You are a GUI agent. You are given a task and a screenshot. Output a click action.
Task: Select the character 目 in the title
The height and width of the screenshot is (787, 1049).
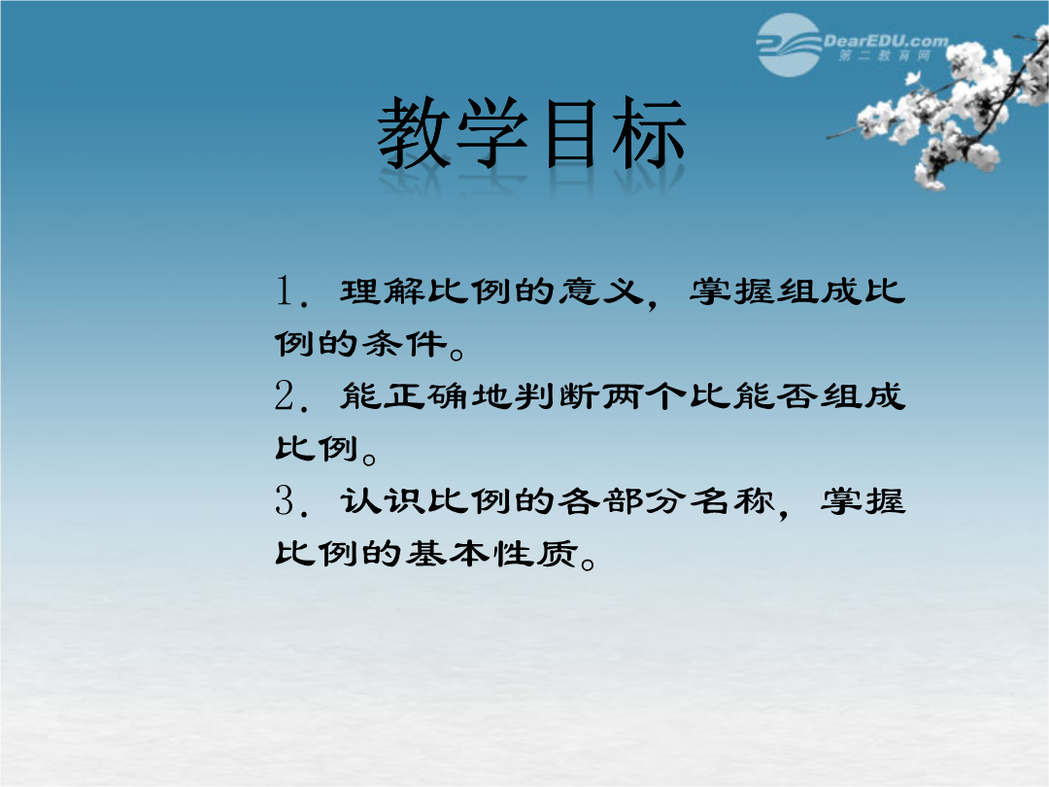[x=571, y=132]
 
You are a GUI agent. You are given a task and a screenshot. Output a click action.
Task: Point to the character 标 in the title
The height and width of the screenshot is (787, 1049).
[x=648, y=132]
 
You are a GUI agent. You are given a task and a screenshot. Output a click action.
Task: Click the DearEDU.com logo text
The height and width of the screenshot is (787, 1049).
[x=886, y=42]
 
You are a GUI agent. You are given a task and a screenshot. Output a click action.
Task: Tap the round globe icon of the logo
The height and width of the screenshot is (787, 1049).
[x=789, y=45]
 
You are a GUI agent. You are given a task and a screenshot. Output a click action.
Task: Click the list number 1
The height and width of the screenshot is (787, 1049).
[x=285, y=291]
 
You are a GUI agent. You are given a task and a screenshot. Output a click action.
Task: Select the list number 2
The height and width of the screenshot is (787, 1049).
[x=285, y=395]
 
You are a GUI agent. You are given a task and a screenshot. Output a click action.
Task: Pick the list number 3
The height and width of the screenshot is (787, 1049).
[x=285, y=500]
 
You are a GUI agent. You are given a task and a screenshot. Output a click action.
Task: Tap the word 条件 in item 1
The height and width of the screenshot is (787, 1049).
[x=405, y=344]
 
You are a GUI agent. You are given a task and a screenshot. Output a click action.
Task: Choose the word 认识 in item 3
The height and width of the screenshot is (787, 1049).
[x=383, y=500]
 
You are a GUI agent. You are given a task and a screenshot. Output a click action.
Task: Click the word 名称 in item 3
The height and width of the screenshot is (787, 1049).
[x=732, y=500]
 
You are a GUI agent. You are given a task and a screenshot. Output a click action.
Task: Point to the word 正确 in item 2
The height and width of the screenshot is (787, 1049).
[x=426, y=396]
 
